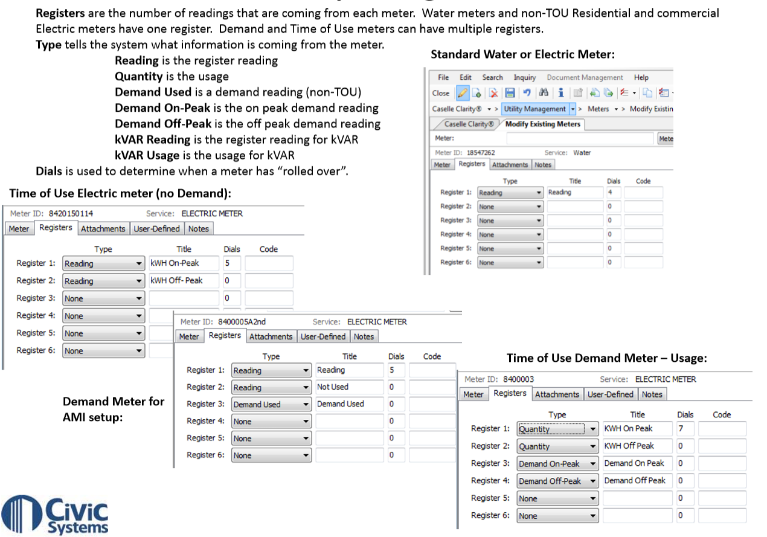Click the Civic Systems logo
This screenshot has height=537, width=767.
pyautogui.click(x=55, y=513)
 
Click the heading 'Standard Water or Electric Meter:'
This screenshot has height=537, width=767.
pyautogui.click(x=522, y=54)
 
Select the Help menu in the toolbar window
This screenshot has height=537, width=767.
pyautogui.click(x=641, y=77)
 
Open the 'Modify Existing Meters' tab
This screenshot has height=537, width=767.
pyautogui.click(x=542, y=124)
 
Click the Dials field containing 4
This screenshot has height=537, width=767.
pyautogui.click(x=613, y=193)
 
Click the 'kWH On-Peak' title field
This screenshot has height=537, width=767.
pyautogui.click(x=183, y=263)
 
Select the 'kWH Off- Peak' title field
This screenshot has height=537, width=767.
pyautogui.click(x=183, y=281)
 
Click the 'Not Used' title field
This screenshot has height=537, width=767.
pyautogui.click(x=349, y=387)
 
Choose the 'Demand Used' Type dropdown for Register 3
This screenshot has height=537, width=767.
pyautogui.click(x=271, y=404)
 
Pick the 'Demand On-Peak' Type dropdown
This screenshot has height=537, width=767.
pyautogui.click(x=557, y=464)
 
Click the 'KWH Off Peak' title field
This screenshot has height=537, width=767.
pyautogui.click(x=637, y=446)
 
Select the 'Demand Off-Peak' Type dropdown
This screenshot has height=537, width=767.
pyautogui.click(x=557, y=481)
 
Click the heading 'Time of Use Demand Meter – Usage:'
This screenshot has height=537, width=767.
pyautogui.click(x=606, y=358)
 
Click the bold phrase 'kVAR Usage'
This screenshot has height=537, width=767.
pyautogui.click(x=147, y=155)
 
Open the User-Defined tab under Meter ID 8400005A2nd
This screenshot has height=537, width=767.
pyautogui.click(x=323, y=336)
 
